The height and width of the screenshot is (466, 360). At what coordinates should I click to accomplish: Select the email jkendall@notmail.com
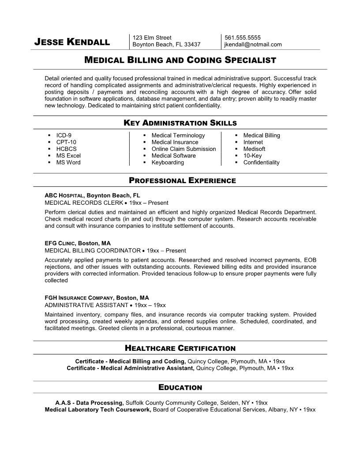[x=253, y=45]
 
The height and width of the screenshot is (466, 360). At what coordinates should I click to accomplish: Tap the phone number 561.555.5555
[x=243, y=38]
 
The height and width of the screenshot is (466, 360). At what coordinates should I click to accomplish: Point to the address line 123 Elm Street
[x=152, y=38]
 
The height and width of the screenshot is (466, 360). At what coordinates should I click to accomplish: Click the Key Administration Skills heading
[x=180, y=123]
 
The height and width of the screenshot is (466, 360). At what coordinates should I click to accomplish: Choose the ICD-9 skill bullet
[x=64, y=135]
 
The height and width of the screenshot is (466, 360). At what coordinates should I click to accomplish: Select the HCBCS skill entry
[x=66, y=149]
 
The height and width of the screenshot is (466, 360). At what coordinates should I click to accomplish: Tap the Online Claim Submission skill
[x=184, y=149]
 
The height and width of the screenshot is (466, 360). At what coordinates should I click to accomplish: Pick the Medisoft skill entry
[x=255, y=149]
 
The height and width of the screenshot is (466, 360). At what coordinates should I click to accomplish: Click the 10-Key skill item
[x=252, y=155]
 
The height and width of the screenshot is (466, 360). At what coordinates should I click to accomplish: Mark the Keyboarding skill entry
[x=168, y=162]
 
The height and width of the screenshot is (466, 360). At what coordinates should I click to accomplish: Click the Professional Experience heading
[x=182, y=180]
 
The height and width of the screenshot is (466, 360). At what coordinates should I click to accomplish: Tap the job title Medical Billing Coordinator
[x=93, y=250]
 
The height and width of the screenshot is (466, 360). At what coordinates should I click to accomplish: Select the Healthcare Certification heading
[x=180, y=348]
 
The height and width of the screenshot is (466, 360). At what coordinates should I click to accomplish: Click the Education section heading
[x=180, y=387]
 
